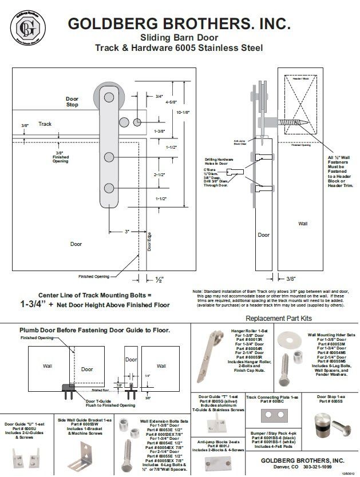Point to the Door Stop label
coord(72,102)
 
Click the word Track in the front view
coord(45,124)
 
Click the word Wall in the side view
coord(303,225)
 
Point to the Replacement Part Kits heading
coord(278,318)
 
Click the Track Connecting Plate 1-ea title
coord(272,396)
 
